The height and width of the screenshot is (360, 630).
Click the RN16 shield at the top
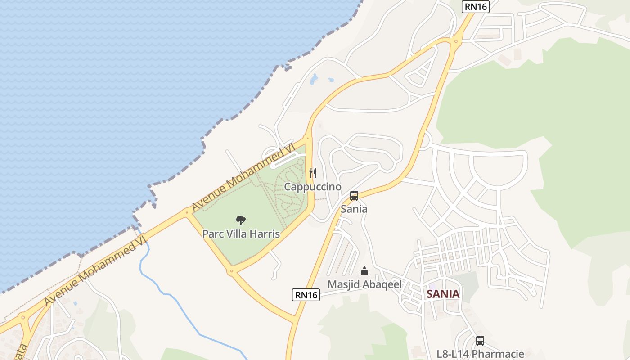tap(475, 7)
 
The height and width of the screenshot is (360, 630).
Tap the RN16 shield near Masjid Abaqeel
tap(306, 295)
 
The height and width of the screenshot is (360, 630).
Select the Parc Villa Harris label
tap(241, 234)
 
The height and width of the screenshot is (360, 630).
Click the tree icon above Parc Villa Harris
tap(241, 220)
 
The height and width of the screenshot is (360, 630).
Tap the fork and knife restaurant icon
tap(313, 173)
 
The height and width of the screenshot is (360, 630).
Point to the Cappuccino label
tap(313, 187)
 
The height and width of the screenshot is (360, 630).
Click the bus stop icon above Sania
tap(354, 196)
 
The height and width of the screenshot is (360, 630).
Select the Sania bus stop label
tap(354, 209)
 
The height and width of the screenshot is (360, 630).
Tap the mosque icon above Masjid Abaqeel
tap(364, 271)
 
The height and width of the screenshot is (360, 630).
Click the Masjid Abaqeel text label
tap(364, 284)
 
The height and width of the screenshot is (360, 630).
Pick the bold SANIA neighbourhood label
tap(443, 294)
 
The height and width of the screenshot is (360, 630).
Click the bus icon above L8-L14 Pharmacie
tap(480, 341)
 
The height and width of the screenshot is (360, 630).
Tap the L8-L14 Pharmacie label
tap(480, 354)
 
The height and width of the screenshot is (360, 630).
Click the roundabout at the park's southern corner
tap(231, 271)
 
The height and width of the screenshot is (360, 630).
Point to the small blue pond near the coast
tap(314, 80)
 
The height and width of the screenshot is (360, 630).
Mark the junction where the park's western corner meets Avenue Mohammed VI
tap(187, 212)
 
